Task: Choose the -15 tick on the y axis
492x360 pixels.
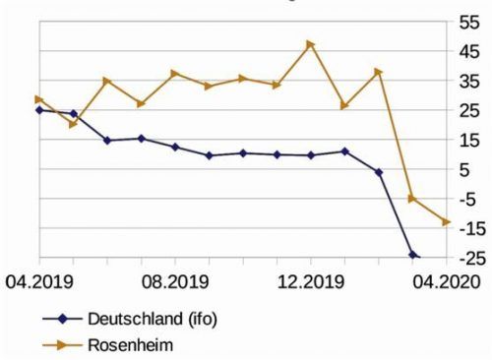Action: pyautogui.click(x=470, y=228)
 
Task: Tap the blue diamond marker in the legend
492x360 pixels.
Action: pyautogui.click(x=61, y=320)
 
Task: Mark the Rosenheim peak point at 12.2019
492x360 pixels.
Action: pyautogui.click(x=310, y=44)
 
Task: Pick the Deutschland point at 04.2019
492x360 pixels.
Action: pyautogui.click(x=39, y=110)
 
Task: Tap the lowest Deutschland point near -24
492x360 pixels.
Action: pyautogui.click(x=413, y=255)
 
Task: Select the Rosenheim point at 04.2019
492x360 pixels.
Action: pyautogui.click(x=39, y=99)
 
